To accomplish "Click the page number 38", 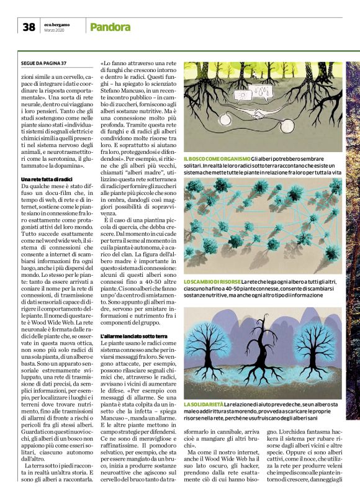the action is [29, 27].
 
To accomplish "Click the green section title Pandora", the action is [110, 27].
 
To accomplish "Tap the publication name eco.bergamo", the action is [56, 24].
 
